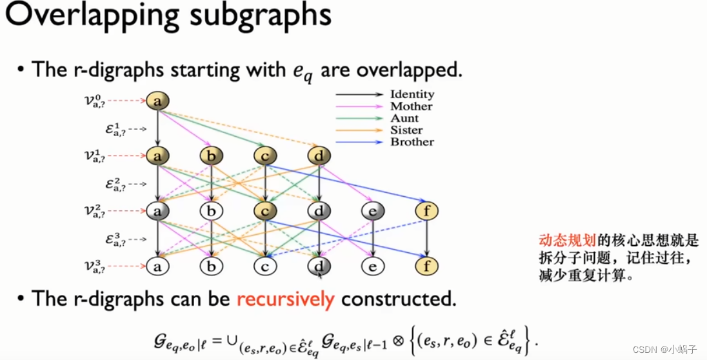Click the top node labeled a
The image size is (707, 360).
click(157, 101)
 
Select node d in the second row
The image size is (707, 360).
click(319, 155)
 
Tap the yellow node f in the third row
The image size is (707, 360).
click(426, 210)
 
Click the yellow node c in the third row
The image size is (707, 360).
click(265, 210)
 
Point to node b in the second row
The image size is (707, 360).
click(211, 155)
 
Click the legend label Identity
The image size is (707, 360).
click(412, 95)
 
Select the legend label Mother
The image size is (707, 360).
click(411, 106)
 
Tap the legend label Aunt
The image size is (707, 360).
click(404, 119)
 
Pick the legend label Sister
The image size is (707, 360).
click(407, 130)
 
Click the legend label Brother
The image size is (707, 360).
click(412, 142)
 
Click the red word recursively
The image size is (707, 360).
click(286, 299)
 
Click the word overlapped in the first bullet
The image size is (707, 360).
click(420, 69)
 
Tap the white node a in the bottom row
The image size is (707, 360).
click(157, 265)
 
